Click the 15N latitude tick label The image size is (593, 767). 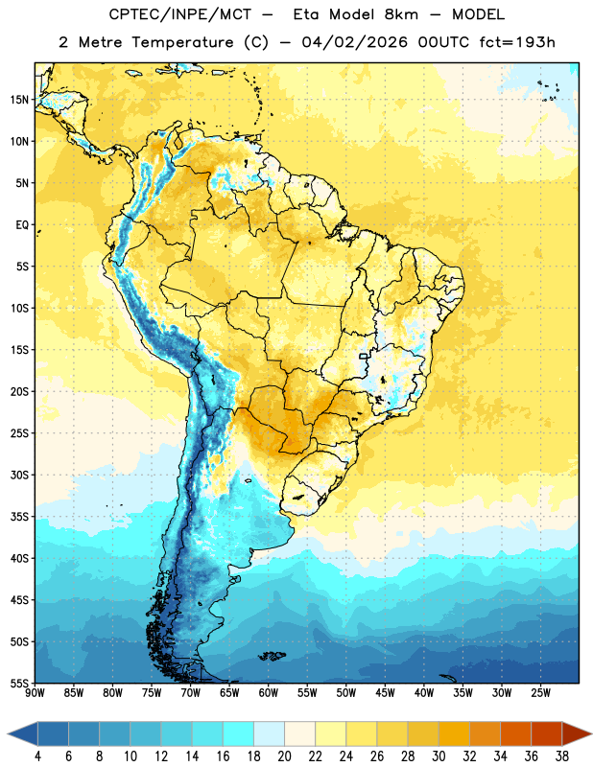pyautogui.click(x=19, y=100)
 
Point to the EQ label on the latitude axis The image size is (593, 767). pyautogui.click(x=22, y=225)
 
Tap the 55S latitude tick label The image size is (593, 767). pyautogui.click(x=19, y=683)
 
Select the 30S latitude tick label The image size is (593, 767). pyautogui.click(x=19, y=475)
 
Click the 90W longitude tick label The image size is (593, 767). pyautogui.click(x=35, y=693)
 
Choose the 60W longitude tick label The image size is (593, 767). pyautogui.click(x=269, y=693)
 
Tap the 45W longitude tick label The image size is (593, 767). pyautogui.click(x=385, y=693)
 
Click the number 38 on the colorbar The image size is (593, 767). pyautogui.click(x=562, y=756)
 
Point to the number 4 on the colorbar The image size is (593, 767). pyautogui.click(x=37, y=756)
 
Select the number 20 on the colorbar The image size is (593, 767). pyautogui.click(x=284, y=756)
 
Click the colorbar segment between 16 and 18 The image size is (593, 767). pyautogui.click(x=238, y=734)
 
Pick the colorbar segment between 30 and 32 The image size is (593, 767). pyautogui.click(x=454, y=734)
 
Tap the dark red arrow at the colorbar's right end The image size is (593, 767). pyautogui.click(x=576, y=734)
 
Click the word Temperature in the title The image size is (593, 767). pyautogui.click(x=182, y=42)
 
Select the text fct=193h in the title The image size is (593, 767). pyautogui.click(x=517, y=42)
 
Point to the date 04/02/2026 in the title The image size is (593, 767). pyautogui.click(x=354, y=42)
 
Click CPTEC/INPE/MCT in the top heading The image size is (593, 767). pyautogui.click(x=179, y=14)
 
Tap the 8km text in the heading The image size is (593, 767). pyautogui.click(x=401, y=14)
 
